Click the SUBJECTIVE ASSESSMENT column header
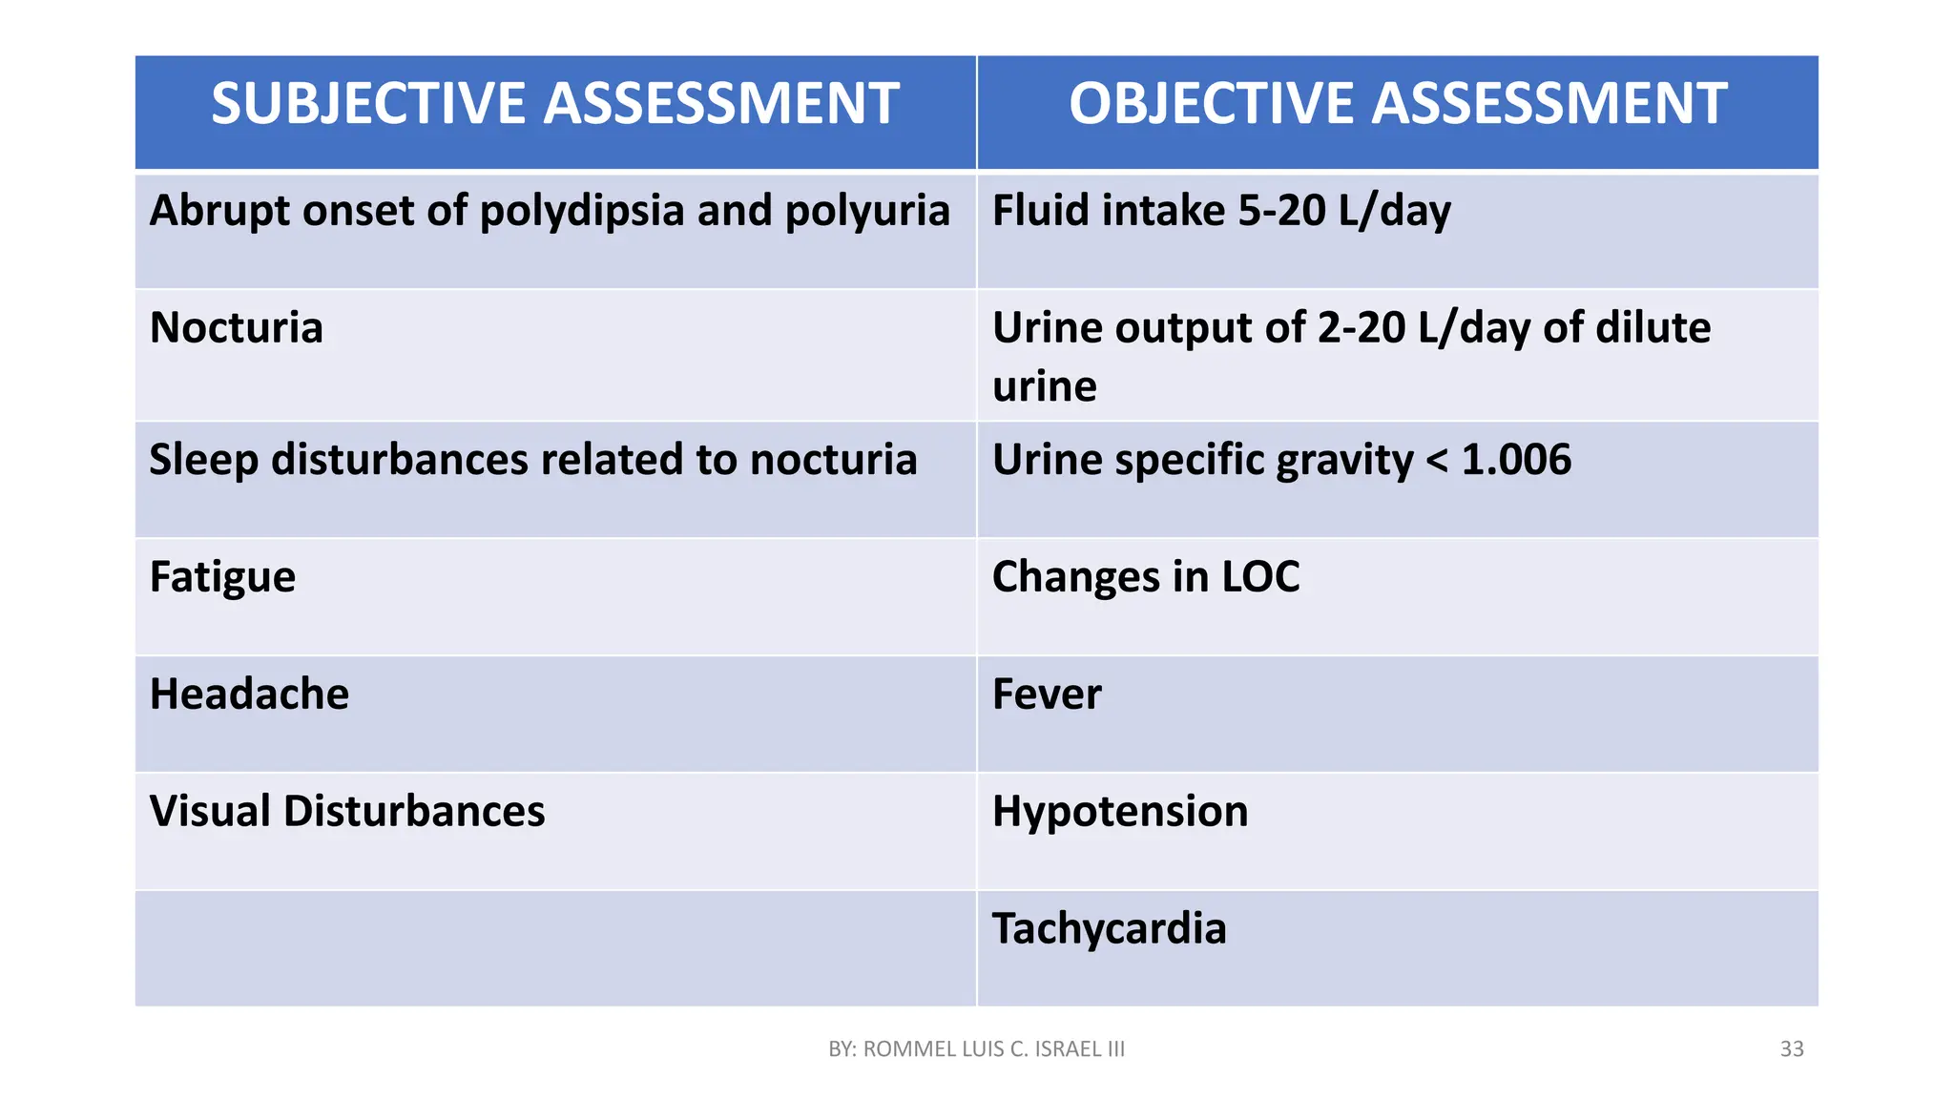pyautogui.click(x=554, y=104)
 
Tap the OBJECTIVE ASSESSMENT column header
pyautogui.click(x=1398, y=104)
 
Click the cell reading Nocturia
pyautogui.click(x=237, y=328)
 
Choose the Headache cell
pyautogui.click(x=249, y=695)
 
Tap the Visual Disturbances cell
pyautogui.click(x=347, y=812)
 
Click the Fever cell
pyautogui.click(x=1047, y=695)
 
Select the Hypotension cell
pyautogui.click(x=1120, y=812)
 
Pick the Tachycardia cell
pyautogui.click(x=1109, y=929)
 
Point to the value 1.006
pyautogui.click(x=1516, y=460)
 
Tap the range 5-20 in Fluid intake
pyautogui.click(x=1281, y=211)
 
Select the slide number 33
pyautogui.click(x=1792, y=1049)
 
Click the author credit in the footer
pyautogui.click(x=977, y=1049)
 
